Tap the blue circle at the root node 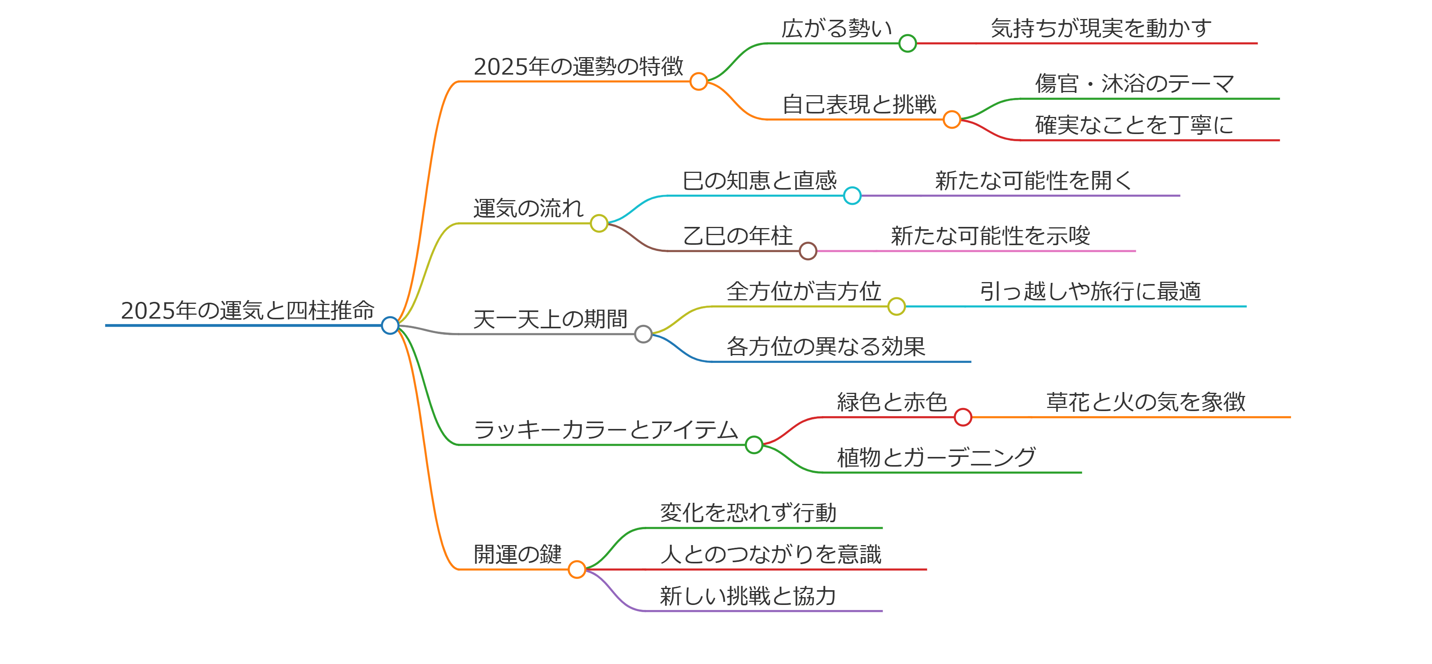390,325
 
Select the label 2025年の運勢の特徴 578,67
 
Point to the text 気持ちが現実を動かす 1101,28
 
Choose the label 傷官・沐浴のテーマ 1134,84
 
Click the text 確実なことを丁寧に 1134,125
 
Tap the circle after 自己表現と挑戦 952,119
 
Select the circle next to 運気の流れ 599,223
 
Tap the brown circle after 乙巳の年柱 808,251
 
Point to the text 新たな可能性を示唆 990,236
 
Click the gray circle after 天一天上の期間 643,334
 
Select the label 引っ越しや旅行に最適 1090,291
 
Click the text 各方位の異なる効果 825,347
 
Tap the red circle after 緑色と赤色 963,417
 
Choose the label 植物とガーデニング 937,458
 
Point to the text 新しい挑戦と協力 748,596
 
